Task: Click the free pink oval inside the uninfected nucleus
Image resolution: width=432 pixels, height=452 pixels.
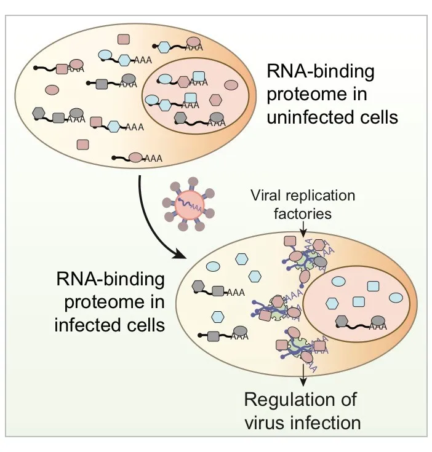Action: tap(231, 84)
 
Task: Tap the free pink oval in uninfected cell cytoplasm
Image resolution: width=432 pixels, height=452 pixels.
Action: tap(52, 90)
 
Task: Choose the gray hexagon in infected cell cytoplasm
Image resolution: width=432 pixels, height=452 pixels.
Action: tap(199, 285)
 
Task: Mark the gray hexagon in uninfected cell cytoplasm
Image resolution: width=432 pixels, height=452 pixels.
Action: tap(39, 113)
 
